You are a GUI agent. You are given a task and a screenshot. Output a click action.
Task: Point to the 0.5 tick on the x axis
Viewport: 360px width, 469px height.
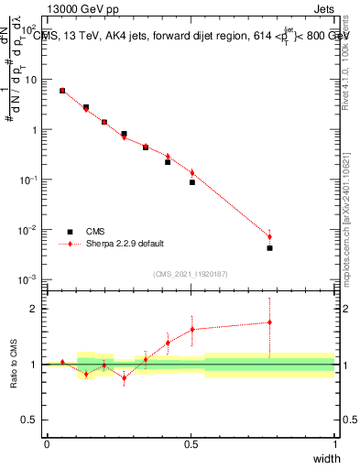coord(191,442)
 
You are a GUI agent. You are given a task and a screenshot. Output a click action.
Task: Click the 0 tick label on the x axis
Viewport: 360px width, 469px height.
coord(47,442)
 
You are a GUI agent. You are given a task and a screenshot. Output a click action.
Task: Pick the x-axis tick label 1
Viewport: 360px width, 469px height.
coord(333,442)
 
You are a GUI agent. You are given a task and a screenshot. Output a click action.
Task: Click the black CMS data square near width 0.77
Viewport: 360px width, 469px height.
coord(269,248)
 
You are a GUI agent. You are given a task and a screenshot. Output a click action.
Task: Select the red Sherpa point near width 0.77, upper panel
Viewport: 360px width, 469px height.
coord(269,236)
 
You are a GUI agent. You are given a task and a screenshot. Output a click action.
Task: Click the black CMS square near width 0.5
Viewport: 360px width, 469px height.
coord(192,182)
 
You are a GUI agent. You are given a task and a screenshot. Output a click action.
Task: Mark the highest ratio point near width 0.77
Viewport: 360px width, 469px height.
coord(269,322)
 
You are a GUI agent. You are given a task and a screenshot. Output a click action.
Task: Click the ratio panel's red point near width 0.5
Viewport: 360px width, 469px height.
coord(192,330)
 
